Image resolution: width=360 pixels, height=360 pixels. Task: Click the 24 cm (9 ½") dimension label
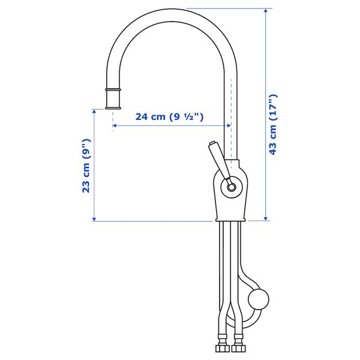[x=169, y=117]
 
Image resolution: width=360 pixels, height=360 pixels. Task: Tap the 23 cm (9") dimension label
[x=86, y=166]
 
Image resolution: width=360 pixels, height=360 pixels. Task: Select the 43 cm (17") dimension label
[x=273, y=124]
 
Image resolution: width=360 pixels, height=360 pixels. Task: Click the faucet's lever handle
[x=220, y=162]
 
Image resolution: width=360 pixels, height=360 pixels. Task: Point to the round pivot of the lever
[x=231, y=187]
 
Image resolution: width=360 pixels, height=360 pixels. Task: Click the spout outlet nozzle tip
[x=113, y=108]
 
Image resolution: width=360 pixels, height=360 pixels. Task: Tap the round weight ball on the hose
[x=259, y=299]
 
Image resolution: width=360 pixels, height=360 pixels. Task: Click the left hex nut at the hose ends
[x=223, y=348]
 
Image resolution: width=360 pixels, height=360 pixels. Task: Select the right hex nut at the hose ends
[x=239, y=348]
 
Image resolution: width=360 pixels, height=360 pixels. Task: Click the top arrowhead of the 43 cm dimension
[x=266, y=11]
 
